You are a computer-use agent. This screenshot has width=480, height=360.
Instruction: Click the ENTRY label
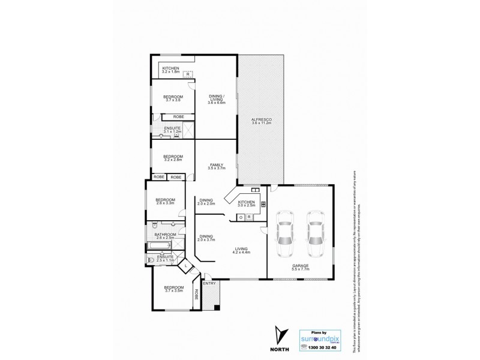(209, 283)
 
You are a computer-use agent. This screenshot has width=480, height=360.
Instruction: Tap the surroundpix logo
(320, 338)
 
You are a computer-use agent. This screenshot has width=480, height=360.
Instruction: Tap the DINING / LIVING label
(215, 100)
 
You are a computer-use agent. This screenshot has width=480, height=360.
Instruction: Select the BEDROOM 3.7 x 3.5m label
(173, 289)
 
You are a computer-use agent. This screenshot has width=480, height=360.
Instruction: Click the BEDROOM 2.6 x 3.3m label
(165, 202)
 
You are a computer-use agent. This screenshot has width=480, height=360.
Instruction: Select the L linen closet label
(186, 265)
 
